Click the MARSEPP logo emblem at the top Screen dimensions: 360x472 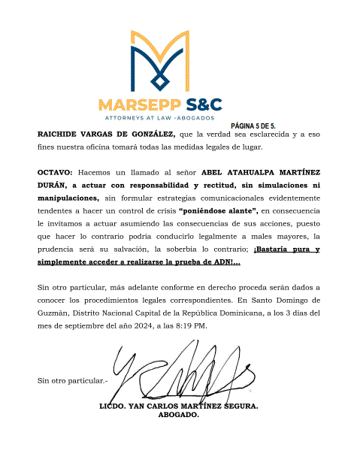[160, 60]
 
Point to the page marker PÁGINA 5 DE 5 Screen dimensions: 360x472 [253, 125]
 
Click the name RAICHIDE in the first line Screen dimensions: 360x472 [61, 134]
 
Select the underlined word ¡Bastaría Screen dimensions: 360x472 [275, 250]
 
